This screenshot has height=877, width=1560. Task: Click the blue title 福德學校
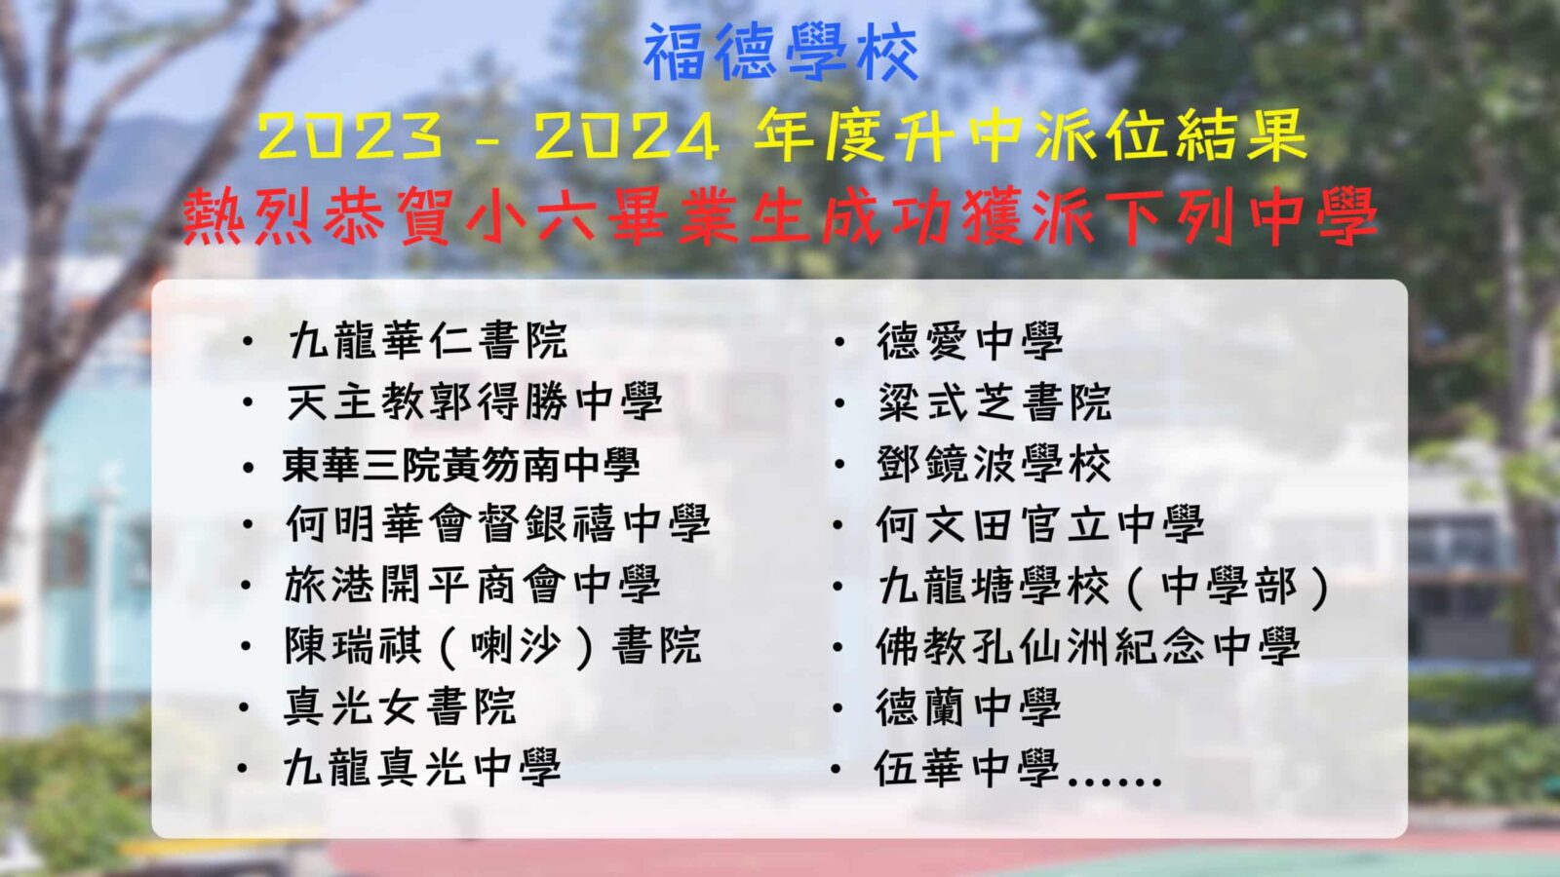[x=781, y=53]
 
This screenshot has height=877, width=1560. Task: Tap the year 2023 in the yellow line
[x=350, y=136]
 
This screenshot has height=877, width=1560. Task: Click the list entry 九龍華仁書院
[x=428, y=340]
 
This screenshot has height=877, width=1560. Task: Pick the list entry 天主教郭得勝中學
[x=474, y=401]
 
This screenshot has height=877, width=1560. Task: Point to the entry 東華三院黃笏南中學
[x=461, y=464]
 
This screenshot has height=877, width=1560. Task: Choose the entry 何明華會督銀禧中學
[x=498, y=523]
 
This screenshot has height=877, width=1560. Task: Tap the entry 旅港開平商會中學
[x=473, y=585]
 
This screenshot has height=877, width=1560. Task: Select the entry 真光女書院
[x=401, y=707]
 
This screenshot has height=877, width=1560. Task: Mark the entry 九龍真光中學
[x=423, y=768]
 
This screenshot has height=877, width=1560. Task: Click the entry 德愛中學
[x=969, y=340]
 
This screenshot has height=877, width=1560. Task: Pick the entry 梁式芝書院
[x=994, y=401]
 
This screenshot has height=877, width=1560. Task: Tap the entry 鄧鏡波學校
[x=994, y=464]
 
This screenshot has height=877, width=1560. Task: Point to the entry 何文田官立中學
[x=1040, y=523]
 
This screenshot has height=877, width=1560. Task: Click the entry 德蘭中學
[x=968, y=707]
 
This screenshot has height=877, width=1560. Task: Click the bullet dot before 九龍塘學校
[x=839, y=586]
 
